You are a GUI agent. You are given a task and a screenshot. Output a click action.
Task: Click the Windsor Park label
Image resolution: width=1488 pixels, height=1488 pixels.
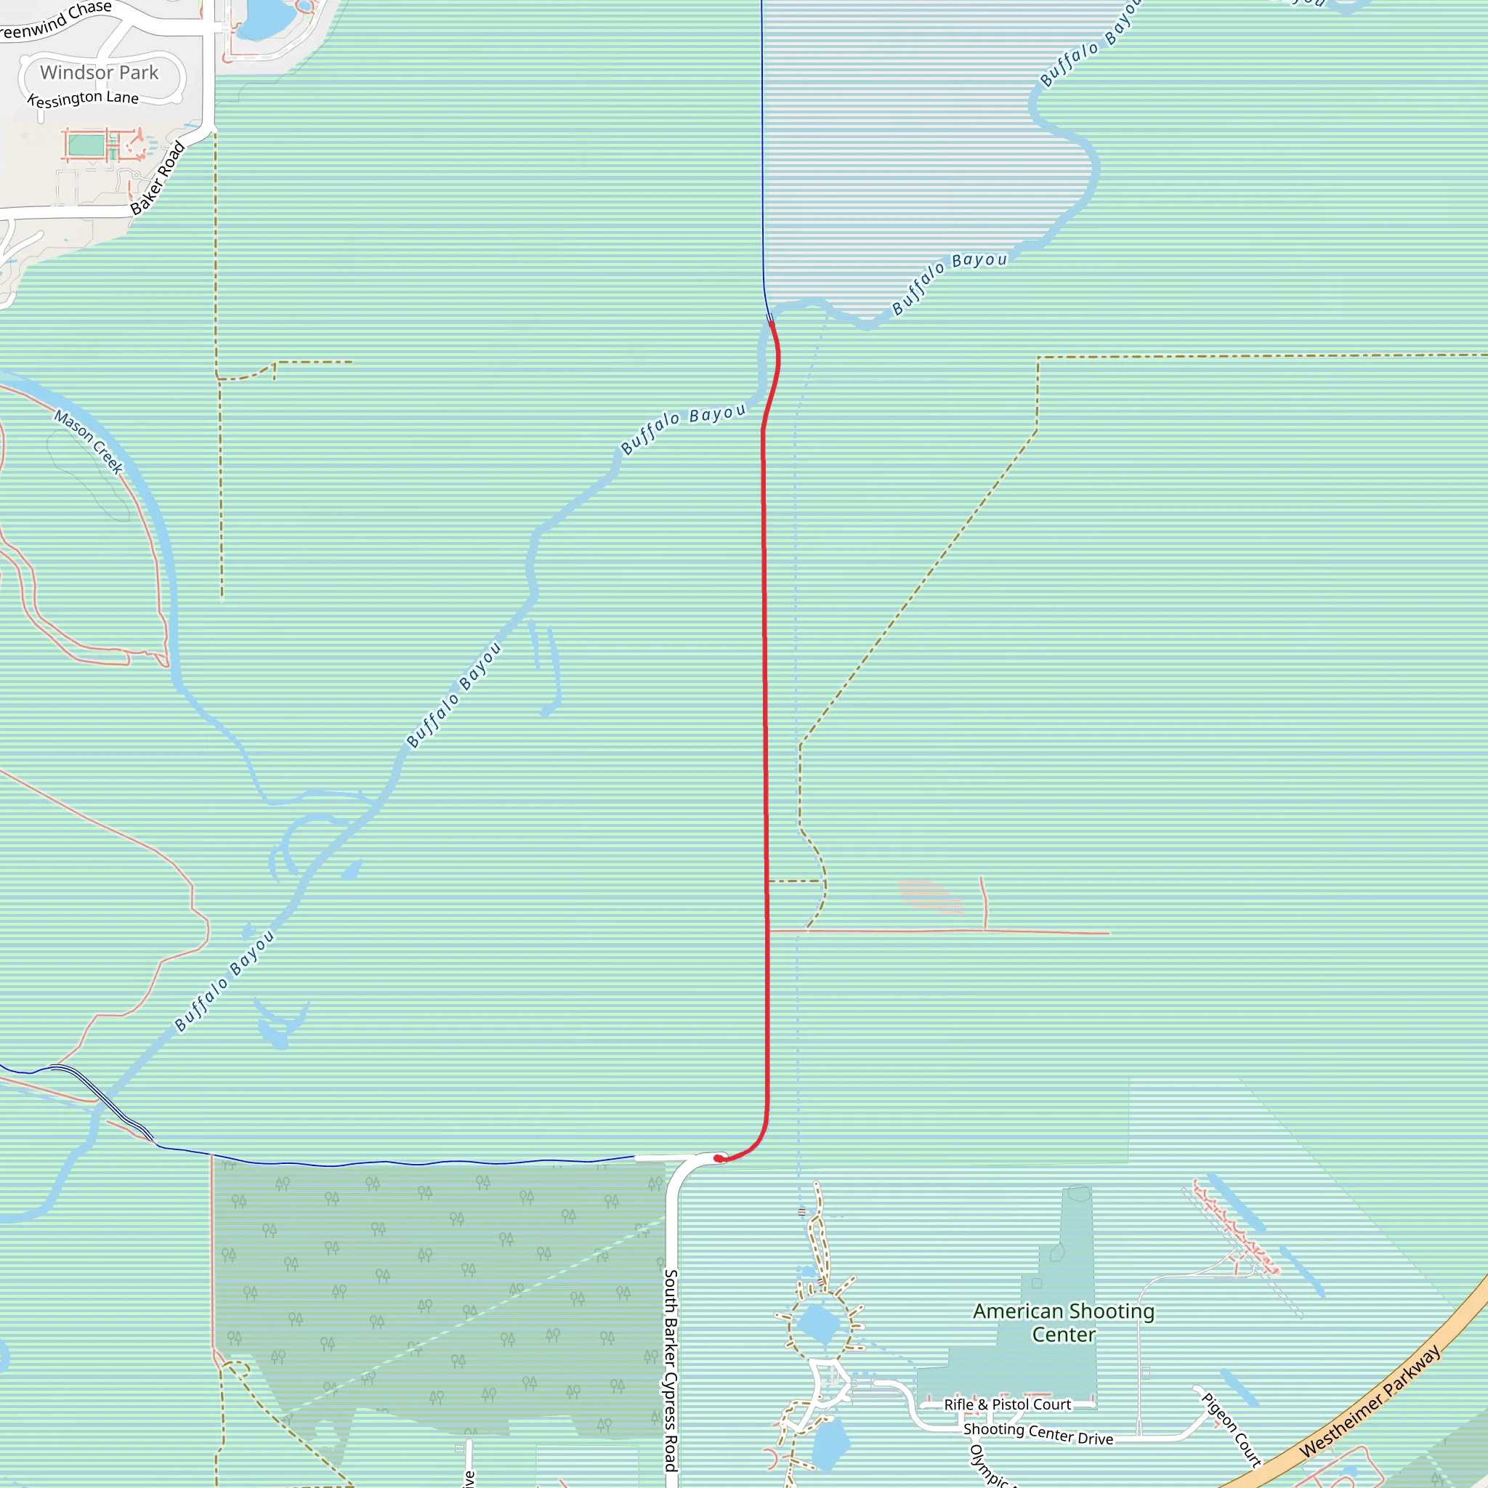point(99,73)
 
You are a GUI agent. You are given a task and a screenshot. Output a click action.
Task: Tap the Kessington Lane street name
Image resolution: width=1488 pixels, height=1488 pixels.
point(83,100)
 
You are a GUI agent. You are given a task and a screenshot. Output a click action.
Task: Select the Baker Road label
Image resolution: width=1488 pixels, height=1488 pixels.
point(158,178)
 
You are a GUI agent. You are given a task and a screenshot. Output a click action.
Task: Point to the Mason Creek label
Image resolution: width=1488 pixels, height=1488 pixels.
point(89,442)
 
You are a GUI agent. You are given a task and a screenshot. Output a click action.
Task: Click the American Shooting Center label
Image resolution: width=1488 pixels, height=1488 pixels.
point(1064,1322)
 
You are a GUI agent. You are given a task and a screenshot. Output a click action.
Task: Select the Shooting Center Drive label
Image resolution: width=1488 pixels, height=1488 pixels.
point(1038,1434)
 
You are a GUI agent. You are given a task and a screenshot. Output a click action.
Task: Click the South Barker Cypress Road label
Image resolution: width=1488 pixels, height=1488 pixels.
point(671,1371)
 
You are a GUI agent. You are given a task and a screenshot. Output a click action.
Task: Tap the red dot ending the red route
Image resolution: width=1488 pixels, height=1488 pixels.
point(718,1158)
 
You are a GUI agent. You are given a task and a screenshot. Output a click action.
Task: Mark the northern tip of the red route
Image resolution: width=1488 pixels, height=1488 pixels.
point(771,323)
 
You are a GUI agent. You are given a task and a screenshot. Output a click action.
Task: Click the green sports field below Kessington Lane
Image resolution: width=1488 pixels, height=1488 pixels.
point(86,145)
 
